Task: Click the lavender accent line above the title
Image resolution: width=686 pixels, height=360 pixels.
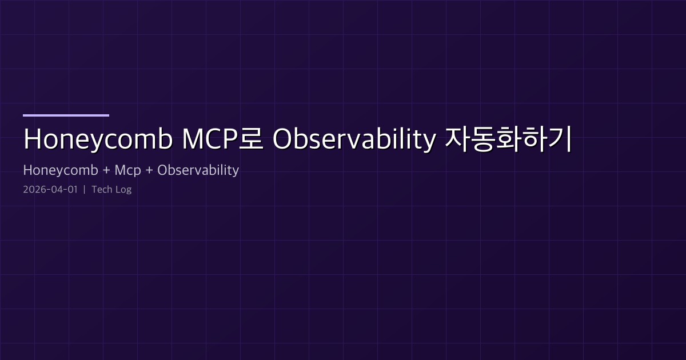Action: [x=66, y=115]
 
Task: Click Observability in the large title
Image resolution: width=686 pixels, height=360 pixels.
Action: [x=353, y=140]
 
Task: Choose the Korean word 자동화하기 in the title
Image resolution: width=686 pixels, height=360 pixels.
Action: [x=508, y=140]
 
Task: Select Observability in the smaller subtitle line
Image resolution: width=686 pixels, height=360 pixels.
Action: [x=198, y=170]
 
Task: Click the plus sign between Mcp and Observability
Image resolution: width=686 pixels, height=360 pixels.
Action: [x=150, y=170]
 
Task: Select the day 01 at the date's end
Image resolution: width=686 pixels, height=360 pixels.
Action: [x=71, y=190]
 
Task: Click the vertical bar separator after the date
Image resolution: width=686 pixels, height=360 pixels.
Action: [x=84, y=190]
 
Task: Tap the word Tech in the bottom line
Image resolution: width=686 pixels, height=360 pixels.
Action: [x=102, y=190]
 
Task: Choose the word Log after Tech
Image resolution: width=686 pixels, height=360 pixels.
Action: [x=123, y=190]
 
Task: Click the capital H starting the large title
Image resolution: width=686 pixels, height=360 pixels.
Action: [x=32, y=140]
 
